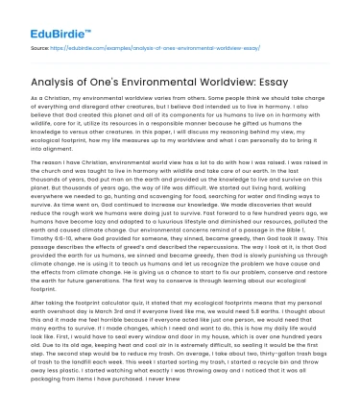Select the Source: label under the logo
point(40,45)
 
